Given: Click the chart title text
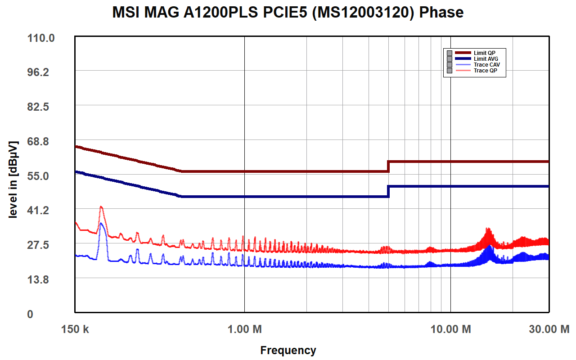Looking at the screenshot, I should click(288, 12).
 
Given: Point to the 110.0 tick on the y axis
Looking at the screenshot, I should click(41, 38).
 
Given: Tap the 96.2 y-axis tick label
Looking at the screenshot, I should click(41, 72).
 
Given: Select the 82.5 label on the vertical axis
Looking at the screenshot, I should click(41, 107).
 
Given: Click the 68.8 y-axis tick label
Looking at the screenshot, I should click(41, 141).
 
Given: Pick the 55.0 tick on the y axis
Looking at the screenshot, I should click(41, 176).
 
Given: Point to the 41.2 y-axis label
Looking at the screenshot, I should click(41, 210).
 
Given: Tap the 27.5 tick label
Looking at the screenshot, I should click(41, 245).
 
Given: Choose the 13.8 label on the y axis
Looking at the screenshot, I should click(41, 279).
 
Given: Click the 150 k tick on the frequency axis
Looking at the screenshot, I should click(75, 329).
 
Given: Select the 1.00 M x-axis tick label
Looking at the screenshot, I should click(244, 329).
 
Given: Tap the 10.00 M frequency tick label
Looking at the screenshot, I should click(450, 329).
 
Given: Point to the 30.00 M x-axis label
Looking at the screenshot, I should click(549, 329).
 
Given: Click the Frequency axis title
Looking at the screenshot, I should click(288, 350).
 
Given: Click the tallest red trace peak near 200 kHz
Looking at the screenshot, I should click(101, 207).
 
